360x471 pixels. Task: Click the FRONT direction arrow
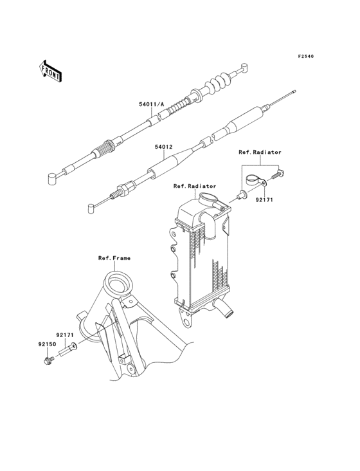click(x=50, y=71)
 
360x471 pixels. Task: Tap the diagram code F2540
click(x=306, y=56)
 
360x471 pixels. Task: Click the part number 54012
click(x=163, y=147)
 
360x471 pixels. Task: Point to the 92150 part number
click(x=47, y=344)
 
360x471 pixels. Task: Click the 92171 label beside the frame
click(x=66, y=335)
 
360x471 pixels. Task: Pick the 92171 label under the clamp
click(x=264, y=199)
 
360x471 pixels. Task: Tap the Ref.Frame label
click(x=114, y=258)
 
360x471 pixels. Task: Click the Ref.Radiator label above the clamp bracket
click(x=260, y=152)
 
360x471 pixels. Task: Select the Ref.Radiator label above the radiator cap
click(x=195, y=186)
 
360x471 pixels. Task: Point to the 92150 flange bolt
click(x=48, y=360)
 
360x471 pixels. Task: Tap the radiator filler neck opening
click(x=208, y=198)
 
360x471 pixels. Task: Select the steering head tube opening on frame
click(x=118, y=283)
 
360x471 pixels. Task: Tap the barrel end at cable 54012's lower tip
click(x=91, y=208)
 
